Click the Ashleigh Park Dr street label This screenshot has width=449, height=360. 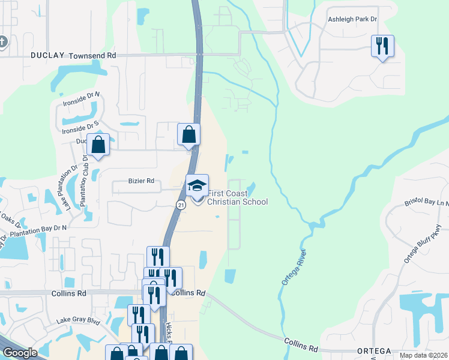pyautogui.click(x=352, y=19)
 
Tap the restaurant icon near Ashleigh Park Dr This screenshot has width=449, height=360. pyautogui.click(x=382, y=46)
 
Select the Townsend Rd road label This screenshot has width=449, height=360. pyautogui.click(x=92, y=55)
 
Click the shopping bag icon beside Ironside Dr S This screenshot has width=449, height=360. pyautogui.click(x=98, y=145)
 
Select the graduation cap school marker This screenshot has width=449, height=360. pyautogui.click(x=197, y=185)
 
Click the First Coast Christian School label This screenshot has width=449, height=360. pyautogui.click(x=237, y=197)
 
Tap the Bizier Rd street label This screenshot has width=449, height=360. pyautogui.click(x=142, y=181)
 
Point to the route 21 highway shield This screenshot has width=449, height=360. pyautogui.click(x=180, y=205)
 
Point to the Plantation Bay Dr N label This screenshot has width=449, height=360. pyautogui.click(x=37, y=232)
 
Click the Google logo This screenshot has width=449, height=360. pyautogui.click(x=20, y=352)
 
